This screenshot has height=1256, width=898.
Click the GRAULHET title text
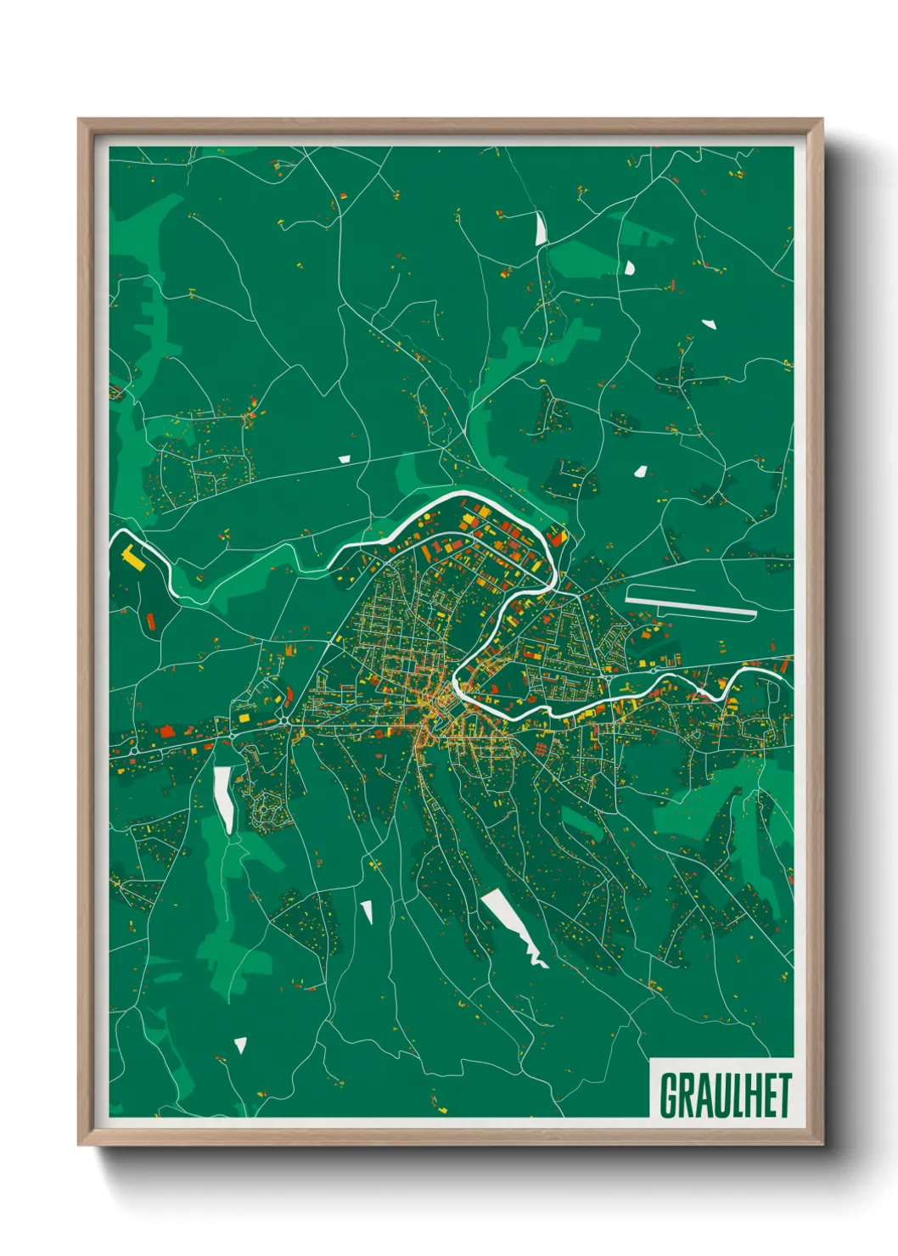(x=725, y=1095)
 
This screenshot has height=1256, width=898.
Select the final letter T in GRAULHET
(x=783, y=1096)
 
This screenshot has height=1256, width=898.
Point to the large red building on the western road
(x=166, y=730)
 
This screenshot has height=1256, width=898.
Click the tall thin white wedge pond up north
(x=540, y=227)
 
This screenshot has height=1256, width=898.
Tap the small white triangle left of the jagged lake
(x=368, y=912)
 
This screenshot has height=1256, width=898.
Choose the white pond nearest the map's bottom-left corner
(x=240, y=1046)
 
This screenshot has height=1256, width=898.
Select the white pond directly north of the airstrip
(x=640, y=470)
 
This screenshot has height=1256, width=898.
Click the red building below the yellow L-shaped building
(x=151, y=621)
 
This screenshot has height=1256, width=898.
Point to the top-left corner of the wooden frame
(x=79, y=120)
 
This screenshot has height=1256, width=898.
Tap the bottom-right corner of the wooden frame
(x=822, y=1144)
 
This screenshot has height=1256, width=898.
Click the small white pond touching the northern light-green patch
(x=629, y=268)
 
